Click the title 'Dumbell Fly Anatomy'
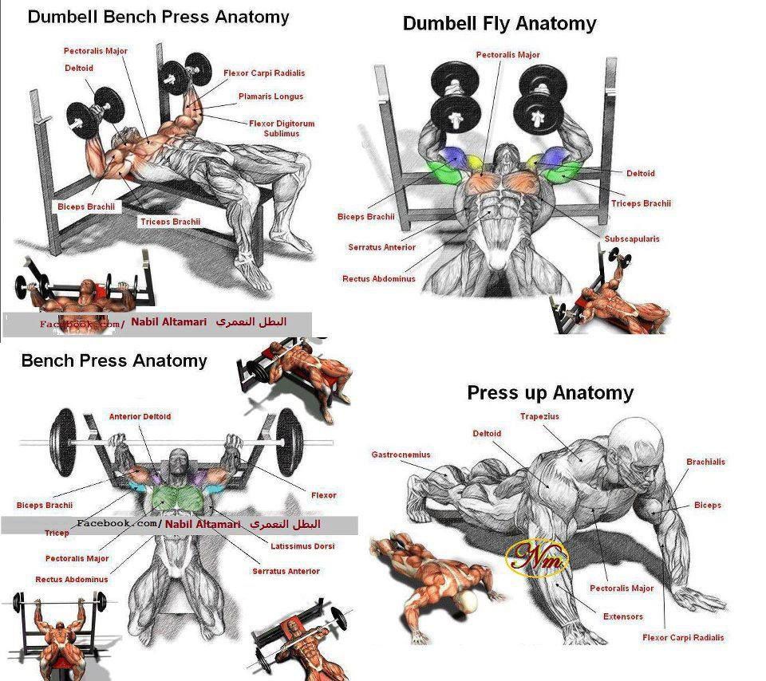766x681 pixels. coord(499,24)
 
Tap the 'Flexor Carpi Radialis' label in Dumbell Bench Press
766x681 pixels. coord(264,73)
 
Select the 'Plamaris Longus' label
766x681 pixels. coord(270,96)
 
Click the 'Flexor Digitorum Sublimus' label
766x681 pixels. coord(282,128)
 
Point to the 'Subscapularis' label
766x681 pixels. coord(632,238)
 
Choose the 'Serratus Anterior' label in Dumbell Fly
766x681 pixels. coord(382,247)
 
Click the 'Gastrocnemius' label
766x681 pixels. coord(401,455)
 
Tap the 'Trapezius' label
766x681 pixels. coord(539,416)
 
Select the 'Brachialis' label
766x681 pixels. coord(705,462)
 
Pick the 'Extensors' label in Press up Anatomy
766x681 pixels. coord(623,616)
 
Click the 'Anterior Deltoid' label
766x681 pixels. coord(140,417)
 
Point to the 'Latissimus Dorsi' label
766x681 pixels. coord(302,546)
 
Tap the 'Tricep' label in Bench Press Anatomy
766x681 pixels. coord(57,533)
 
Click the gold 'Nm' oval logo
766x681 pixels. coord(537,557)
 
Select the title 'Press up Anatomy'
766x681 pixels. coord(550,393)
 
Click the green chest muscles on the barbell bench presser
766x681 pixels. coord(177,499)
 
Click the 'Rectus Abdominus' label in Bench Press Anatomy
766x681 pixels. coord(72,580)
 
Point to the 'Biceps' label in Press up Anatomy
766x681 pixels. coord(708,506)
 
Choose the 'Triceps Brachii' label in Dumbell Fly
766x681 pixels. coord(641,203)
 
